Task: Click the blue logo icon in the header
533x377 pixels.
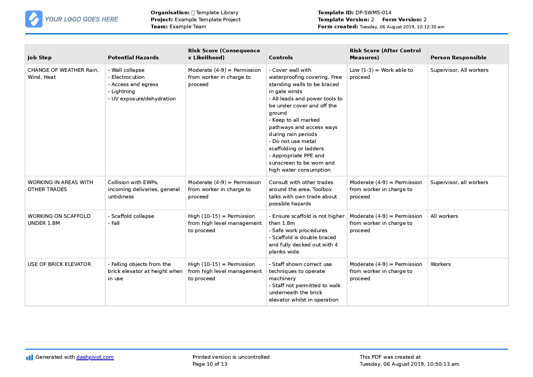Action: tap(34, 19)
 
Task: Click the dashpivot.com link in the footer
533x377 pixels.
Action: tap(95, 357)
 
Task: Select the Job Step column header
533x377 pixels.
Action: tap(40, 58)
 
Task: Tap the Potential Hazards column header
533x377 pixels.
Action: tap(133, 58)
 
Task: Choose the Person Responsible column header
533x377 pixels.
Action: tap(458, 58)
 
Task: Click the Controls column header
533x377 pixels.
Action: tap(280, 58)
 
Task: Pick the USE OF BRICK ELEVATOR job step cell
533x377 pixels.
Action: tap(59, 264)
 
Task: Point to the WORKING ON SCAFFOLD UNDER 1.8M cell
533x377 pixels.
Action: tap(59, 219)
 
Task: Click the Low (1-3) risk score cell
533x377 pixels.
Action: tap(381, 73)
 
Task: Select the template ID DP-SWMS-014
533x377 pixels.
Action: tap(373, 12)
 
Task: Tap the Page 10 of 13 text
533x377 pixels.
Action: tap(210, 364)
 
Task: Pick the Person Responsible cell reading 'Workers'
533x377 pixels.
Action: tap(440, 264)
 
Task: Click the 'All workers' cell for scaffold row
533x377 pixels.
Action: tap(444, 216)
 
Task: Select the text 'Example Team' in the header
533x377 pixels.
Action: tap(187, 26)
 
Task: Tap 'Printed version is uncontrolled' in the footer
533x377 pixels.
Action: tap(231, 357)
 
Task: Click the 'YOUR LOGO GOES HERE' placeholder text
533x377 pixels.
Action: tap(81, 19)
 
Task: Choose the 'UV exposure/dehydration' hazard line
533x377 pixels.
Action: tap(143, 99)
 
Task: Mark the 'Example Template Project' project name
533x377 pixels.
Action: tap(207, 19)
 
